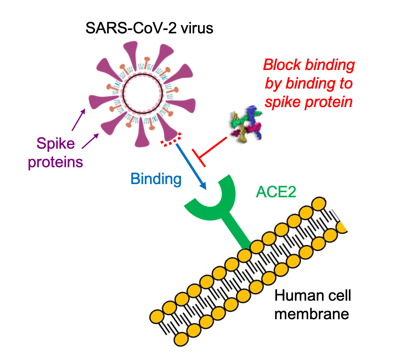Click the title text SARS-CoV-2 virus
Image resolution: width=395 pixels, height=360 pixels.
149,29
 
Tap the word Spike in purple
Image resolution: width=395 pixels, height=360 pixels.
55,145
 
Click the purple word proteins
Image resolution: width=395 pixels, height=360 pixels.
55,161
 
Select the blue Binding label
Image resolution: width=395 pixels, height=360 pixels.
156,178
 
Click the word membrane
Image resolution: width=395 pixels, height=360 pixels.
312,314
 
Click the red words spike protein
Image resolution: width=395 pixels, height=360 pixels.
308,101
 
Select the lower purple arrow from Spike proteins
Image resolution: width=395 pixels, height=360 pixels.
90,140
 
